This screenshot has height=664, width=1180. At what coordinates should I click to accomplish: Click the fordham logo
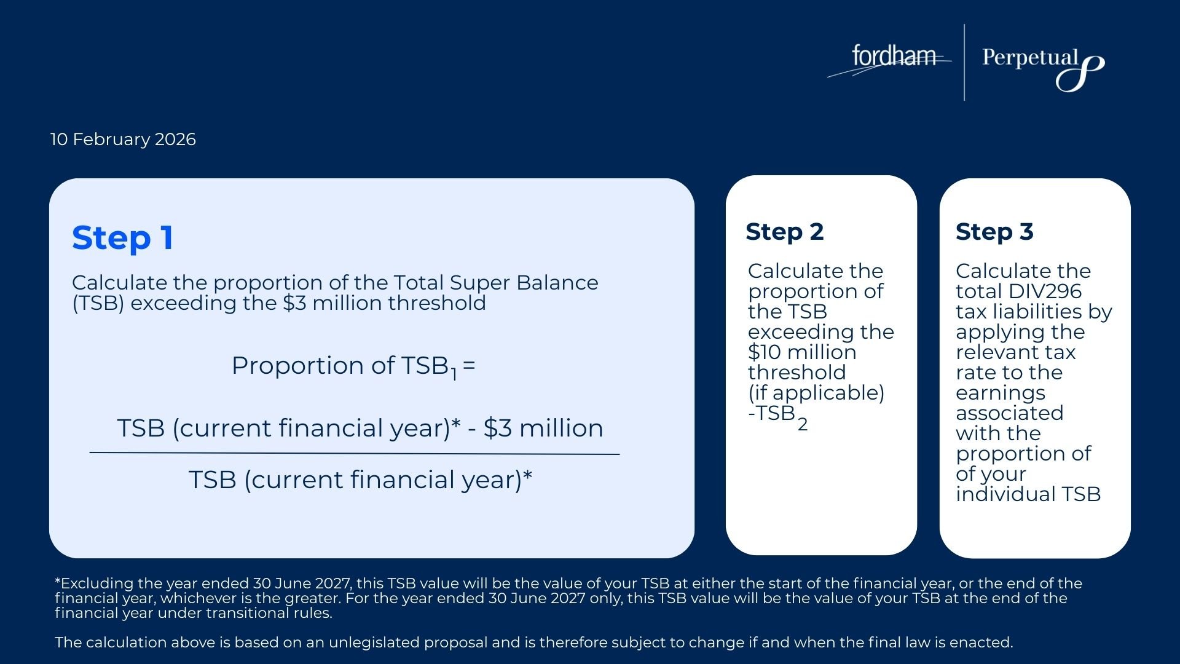click(890, 59)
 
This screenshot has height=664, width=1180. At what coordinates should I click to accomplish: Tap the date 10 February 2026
click(123, 140)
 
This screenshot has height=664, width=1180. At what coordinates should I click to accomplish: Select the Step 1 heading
click(122, 238)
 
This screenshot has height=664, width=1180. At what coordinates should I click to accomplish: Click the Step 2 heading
click(784, 232)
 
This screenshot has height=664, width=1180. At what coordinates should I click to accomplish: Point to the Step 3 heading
click(994, 232)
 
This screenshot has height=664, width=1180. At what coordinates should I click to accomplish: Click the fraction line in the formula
click(355, 454)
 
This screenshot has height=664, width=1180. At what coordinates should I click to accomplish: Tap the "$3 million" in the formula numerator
click(543, 429)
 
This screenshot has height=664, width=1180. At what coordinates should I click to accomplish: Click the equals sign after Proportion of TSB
click(469, 366)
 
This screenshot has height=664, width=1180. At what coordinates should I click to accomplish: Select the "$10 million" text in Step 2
click(802, 352)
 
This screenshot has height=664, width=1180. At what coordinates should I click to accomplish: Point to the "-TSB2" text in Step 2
click(777, 417)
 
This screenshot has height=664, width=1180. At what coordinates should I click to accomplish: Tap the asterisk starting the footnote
click(58, 581)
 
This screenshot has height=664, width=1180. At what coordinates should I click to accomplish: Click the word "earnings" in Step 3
click(1001, 393)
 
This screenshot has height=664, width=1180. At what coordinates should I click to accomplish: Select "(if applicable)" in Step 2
click(816, 393)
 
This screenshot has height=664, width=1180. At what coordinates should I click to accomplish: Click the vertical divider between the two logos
click(964, 62)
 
